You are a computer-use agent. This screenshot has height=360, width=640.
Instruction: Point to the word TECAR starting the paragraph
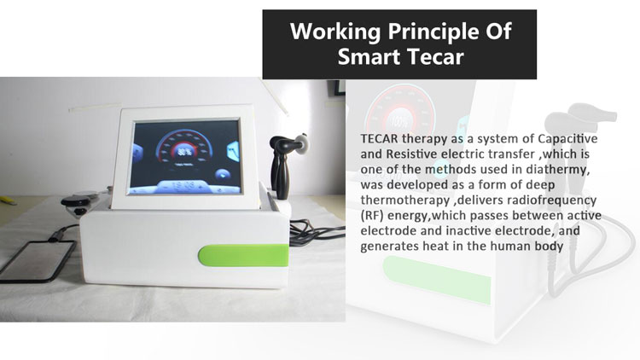tap(379, 139)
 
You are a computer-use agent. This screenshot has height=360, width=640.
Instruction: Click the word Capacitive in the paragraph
tap(567, 139)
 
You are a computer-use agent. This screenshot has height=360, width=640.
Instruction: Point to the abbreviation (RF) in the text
tap(372, 216)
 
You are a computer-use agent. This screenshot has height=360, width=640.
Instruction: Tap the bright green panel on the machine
tap(243, 255)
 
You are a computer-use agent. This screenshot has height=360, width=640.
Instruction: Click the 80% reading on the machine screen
tap(184, 152)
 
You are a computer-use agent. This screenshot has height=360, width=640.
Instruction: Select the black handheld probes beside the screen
tap(284, 163)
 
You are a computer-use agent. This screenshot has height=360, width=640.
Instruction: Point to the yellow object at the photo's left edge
tap(8, 200)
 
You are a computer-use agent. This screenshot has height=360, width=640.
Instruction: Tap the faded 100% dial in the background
tap(399, 121)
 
